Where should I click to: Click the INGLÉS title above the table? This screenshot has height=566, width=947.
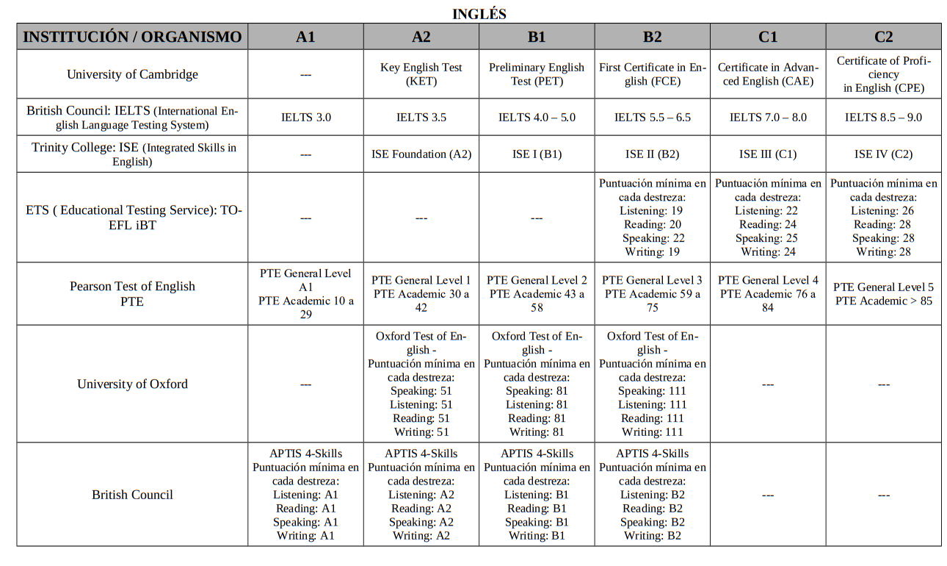(479, 14)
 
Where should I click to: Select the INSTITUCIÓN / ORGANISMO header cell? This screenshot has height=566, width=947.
(132, 37)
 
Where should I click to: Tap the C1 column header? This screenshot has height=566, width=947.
(767, 37)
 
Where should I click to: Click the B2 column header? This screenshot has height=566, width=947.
(652, 37)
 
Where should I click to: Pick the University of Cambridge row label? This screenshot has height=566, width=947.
(132, 74)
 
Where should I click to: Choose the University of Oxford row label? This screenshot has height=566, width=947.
(132, 384)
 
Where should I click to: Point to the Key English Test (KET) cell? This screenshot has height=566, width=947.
(421, 74)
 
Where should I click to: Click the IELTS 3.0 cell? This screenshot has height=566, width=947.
(305, 118)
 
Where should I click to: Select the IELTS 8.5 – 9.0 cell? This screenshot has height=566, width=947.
(883, 118)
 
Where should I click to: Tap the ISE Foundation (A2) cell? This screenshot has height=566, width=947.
(421, 154)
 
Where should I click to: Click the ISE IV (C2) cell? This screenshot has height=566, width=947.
(883, 154)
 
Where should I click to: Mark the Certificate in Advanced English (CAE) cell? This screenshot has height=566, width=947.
(767, 74)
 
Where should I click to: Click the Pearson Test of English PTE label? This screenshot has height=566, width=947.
(132, 293)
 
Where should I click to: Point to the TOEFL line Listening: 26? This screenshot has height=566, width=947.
(883, 211)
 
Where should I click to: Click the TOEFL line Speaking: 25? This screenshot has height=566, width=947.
(767, 238)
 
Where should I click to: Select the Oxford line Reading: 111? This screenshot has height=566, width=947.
(652, 418)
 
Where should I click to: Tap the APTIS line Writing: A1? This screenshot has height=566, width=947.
(305, 536)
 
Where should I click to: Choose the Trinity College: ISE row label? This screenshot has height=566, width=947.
(132, 154)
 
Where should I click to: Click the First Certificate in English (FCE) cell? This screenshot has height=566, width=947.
(652, 74)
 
